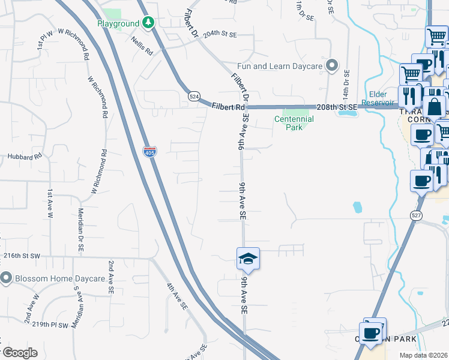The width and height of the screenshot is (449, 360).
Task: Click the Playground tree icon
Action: pyautogui.click(x=148, y=23)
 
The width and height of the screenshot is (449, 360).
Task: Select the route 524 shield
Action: pyautogui.click(x=193, y=96)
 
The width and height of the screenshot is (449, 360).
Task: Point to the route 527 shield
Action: pyautogui.click(x=417, y=215)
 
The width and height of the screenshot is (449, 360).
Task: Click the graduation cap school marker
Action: pyautogui.click(x=248, y=259)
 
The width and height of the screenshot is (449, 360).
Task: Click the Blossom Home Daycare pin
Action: pyautogui.click(x=7, y=278)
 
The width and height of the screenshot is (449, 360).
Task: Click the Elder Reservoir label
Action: pyautogui.click(x=378, y=98)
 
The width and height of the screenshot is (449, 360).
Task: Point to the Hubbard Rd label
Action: pyautogui.click(x=25, y=157)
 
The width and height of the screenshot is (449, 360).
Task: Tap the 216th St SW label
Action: pyautogui.click(x=21, y=256)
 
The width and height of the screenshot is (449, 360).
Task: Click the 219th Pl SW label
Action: pyautogui.click(x=50, y=325)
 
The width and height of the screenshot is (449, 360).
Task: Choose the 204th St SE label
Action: pyautogui.click(x=220, y=35)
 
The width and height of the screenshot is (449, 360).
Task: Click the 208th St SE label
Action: pyautogui.click(x=336, y=106)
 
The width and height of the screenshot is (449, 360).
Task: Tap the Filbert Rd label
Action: pyautogui.click(x=228, y=106)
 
